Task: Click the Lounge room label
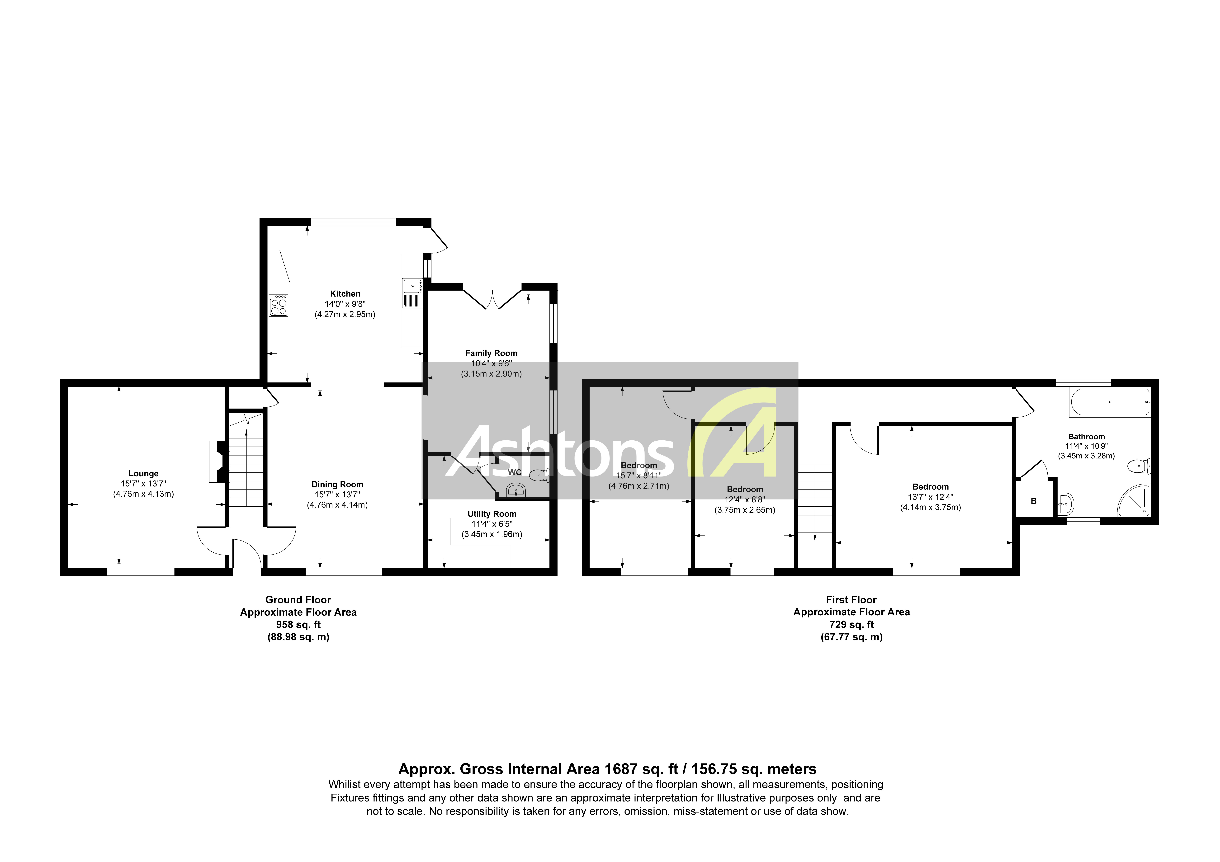[x=143, y=474]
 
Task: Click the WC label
[x=514, y=472]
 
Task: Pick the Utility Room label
[x=492, y=514]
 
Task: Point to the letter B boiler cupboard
[x=1034, y=501]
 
